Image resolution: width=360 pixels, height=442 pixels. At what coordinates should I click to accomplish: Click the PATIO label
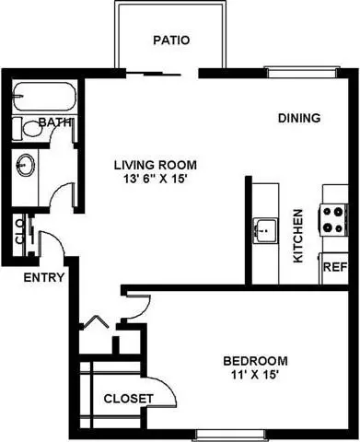tap(170, 41)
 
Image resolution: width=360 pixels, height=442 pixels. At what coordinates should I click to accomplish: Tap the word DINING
tap(299, 118)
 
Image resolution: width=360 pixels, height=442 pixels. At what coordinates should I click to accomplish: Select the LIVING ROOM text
tap(155, 165)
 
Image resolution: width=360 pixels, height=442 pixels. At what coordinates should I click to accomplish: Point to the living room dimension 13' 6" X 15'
tap(155, 180)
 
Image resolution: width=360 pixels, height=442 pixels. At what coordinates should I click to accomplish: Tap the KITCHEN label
tap(298, 237)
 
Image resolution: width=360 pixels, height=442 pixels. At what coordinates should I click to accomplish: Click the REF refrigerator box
tap(333, 267)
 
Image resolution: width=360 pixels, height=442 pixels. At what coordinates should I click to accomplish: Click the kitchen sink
tap(265, 227)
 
